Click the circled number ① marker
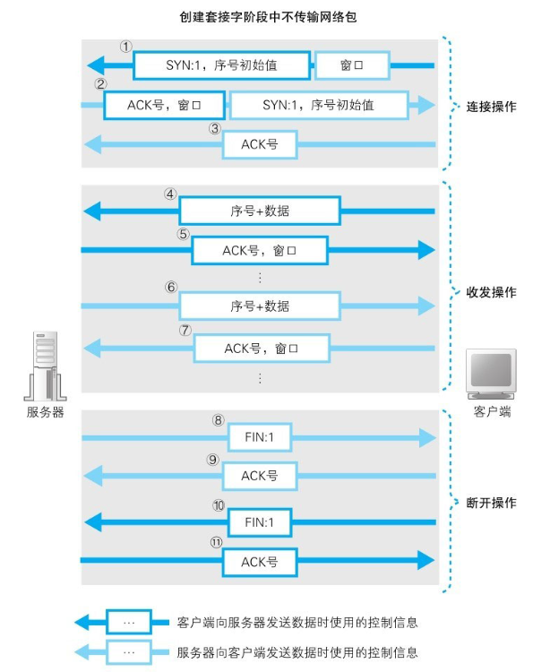tap(126, 45)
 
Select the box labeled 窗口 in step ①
tap(351, 65)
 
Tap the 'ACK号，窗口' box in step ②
tap(163, 105)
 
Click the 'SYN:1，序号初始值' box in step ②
tap(317, 105)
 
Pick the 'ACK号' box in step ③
tap(260, 143)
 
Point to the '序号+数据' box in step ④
tap(259, 211)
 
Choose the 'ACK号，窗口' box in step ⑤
tap(260, 251)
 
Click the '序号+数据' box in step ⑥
tap(259, 306)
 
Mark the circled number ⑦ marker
tap(185, 330)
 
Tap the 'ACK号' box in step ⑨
tap(260, 476)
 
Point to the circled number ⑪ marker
tap(216, 543)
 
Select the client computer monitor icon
tap(491, 372)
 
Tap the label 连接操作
tap(491, 106)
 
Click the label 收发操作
tap(491, 293)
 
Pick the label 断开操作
tap(491, 503)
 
